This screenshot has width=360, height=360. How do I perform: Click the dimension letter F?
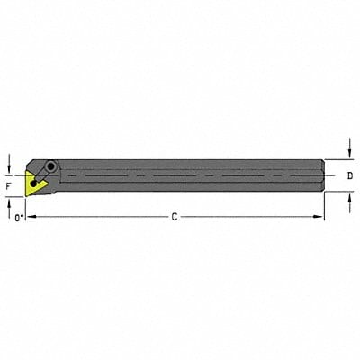7,186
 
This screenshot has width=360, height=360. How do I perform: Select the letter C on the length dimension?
175,217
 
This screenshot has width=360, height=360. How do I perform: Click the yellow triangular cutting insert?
33,185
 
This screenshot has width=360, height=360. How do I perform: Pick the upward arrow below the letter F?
8,204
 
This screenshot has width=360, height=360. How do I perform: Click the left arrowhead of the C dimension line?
26,217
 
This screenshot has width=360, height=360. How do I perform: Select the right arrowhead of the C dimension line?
322,217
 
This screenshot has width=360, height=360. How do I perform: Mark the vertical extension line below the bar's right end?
325,207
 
